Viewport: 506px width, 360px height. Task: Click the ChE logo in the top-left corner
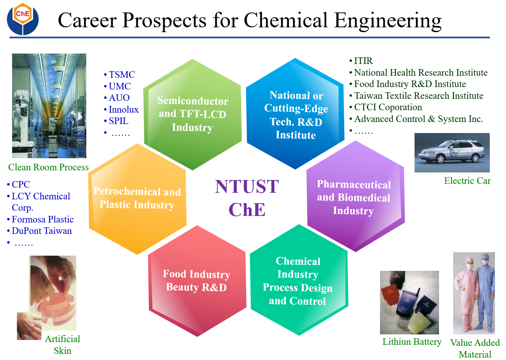pos(23,19)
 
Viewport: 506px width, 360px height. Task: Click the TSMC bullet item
pos(121,75)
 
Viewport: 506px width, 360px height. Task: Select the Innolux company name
pos(124,110)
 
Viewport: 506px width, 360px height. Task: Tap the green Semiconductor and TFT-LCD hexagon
pos(192,114)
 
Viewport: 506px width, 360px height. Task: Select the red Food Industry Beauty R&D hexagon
pos(196,281)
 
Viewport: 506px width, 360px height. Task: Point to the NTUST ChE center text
pos(247,198)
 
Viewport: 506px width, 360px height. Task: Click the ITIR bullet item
pos(363,61)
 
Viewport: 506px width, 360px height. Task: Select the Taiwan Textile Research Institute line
pos(418,96)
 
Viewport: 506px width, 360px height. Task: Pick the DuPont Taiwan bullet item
pos(41,231)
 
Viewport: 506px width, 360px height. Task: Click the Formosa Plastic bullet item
pos(42,219)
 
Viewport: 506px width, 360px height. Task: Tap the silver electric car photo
pos(452,152)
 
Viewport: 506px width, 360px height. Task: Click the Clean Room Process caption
pos(48,167)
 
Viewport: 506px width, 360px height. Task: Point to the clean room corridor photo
pos(49,105)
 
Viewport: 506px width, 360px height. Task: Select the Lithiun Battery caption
pos(412,342)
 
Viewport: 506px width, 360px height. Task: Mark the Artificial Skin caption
pos(62,344)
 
